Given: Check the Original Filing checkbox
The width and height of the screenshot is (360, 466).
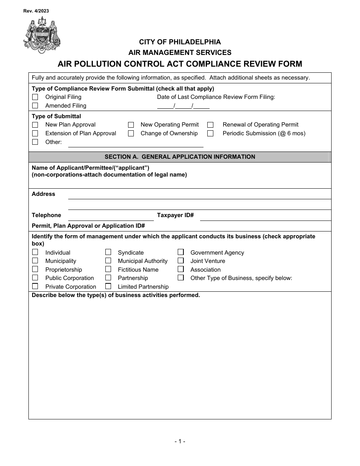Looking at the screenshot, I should [x=35, y=97].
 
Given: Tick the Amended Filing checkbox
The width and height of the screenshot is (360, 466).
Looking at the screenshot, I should [x=35, y=106].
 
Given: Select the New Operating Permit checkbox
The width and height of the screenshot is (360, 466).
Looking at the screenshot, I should [x=131, y=125].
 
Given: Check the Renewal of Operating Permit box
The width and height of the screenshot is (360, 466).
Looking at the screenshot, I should [x=210, y=125].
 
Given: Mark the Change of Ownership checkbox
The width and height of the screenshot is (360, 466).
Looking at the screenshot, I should [x=131, y=133].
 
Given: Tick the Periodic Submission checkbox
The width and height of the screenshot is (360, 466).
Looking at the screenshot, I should [x=210, y=133].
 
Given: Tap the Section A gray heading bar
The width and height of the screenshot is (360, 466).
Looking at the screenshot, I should [x=180, y=157].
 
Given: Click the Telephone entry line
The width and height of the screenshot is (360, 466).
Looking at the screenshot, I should [x=110, y=216].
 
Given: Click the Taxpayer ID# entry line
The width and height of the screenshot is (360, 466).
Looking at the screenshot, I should [x=265, y=216].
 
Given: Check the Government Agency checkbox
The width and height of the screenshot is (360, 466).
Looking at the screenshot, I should [x=181, y=252].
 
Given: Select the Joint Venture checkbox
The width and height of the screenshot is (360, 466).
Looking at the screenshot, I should [x=181, y=261].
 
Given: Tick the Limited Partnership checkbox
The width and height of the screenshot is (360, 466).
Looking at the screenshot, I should [x=108, y=286].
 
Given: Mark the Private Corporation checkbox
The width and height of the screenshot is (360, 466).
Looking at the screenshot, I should [x=35, y=286].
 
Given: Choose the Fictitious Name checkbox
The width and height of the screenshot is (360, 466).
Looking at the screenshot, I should [x=108, y=269].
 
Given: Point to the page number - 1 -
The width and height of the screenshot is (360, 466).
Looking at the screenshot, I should [x=180, y=441].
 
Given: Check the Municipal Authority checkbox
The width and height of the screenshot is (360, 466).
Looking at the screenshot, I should [x=108, y=261].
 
